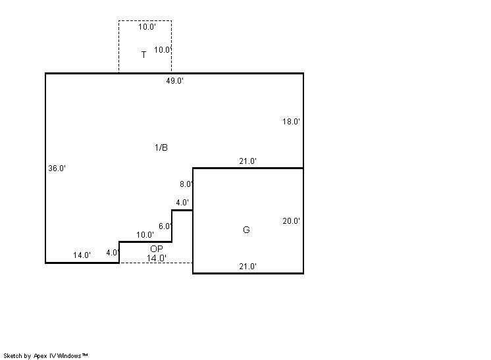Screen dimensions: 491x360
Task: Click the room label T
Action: pyautogui.click(x=143, y=55)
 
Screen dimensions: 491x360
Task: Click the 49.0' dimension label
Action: pyautogui.click(x=174, y=81)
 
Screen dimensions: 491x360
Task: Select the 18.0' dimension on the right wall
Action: pyautogui.click(x=291, y=122)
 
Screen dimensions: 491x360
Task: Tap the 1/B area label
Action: pyautogui.click(x=161, y=147)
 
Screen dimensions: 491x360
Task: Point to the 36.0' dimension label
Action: pyautogui.click(x=57, y=168)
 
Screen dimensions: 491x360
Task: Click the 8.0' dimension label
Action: pyautogui.click(x=186, y=184)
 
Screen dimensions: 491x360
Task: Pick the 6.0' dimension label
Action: pyautogui.click(x=165, y=226)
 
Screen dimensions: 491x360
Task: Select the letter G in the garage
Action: pyautogui.click(x=246, y=230)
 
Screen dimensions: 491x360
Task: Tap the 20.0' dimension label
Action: pyautogui.click(x=291, y=221)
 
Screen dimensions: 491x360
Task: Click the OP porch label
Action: pyautogui.click(x=157, y=249)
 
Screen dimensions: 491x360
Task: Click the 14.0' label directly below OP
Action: pyautogui.click(x=157, y=258)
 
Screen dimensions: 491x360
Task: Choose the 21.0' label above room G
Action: pyautogui.click(x=248, y=161)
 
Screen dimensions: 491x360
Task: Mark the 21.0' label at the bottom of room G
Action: pyautogui.click(x=248, y=267)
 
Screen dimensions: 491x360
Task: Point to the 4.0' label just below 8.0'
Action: pyautogui.click(x=182, y=203)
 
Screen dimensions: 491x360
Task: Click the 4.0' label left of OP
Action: pyautogui.click(x=113, y=253)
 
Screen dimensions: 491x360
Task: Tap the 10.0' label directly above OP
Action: pyautogui.click(x=145, y=235)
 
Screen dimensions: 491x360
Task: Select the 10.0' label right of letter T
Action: pyautogui.click(x=163, y=50)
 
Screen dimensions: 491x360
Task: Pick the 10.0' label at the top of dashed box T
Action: pyautogui.click(x=147, y=26)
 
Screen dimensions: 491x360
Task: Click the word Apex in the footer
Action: pyautogui.click(x=40, y=356)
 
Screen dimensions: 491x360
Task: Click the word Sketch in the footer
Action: pyautogui.click(x=13, y=355)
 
